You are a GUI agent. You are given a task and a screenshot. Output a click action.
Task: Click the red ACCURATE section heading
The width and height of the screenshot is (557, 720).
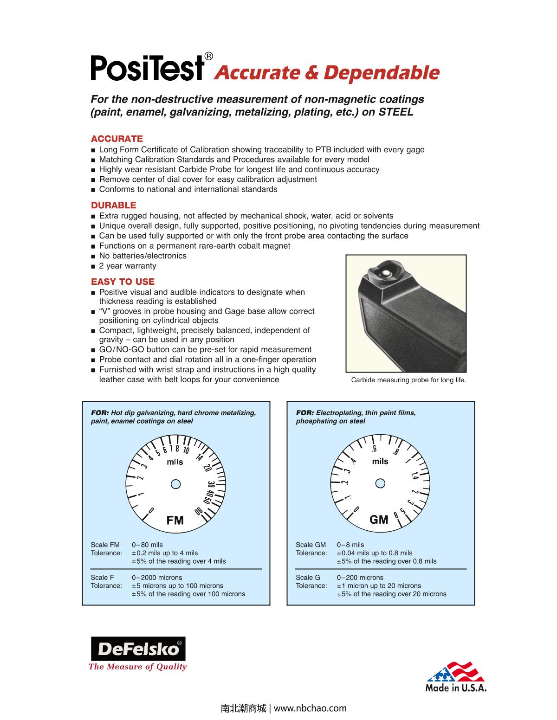tap(117, 139)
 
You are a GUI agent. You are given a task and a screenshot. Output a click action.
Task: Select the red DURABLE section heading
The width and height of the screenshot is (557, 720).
tap(114, 205)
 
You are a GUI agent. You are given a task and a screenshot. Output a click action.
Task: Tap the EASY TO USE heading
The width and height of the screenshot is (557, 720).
tap(123, 282)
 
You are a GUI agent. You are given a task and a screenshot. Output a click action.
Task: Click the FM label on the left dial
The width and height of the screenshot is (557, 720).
tap(175, 520)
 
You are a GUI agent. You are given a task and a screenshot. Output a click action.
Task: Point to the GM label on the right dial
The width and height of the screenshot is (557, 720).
tap(379, 520)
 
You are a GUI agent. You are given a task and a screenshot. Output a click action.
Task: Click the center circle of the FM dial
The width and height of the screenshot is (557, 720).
tap(175, 484)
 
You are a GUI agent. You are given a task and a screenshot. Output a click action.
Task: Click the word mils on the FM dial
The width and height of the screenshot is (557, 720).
tap(175, 462)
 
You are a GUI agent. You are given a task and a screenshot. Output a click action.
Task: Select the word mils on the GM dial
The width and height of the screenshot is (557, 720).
tap(380, 461)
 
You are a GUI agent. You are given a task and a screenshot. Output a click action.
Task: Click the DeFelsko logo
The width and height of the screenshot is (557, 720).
tap(137, 649)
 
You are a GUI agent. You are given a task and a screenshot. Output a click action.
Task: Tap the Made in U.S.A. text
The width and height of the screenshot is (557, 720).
tap(456, 688)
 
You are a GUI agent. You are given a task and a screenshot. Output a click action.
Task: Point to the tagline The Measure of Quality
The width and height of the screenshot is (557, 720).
tap(137, 667)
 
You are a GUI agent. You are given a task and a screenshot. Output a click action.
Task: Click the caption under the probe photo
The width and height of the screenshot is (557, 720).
tap(408, 380)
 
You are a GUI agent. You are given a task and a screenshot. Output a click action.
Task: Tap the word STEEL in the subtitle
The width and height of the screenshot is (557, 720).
tap(396, 112)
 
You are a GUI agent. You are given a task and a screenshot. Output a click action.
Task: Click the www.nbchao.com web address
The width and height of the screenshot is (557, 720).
tap(311, 708)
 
